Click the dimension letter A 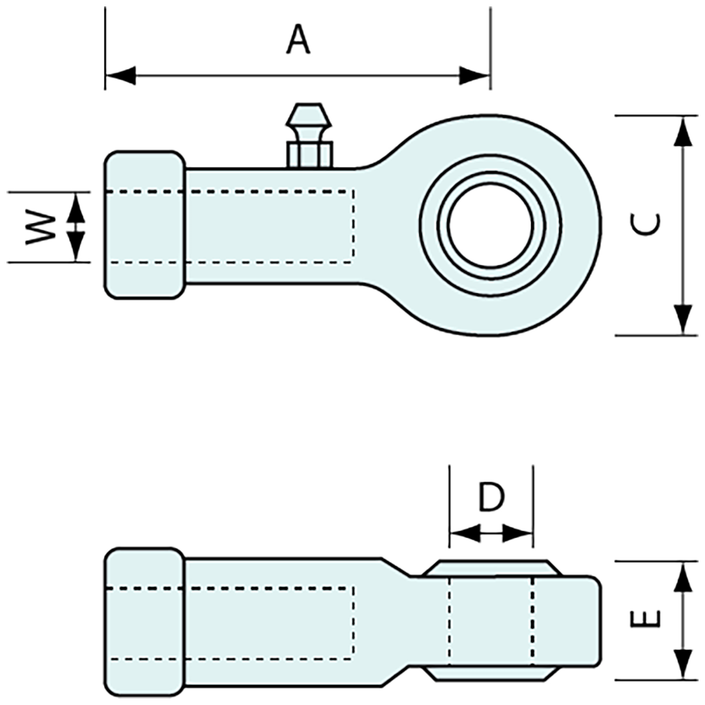(x=298, y=40)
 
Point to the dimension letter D (x=491, y=498)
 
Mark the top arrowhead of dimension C (x=684, y=131)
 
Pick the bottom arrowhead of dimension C (x=684, y=319)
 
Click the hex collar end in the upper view (x=144, y=225)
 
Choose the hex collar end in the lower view (x=144, y=622)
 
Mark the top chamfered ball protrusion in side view (x=492, y=568)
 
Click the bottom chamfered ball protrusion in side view (x=492, y=674)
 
